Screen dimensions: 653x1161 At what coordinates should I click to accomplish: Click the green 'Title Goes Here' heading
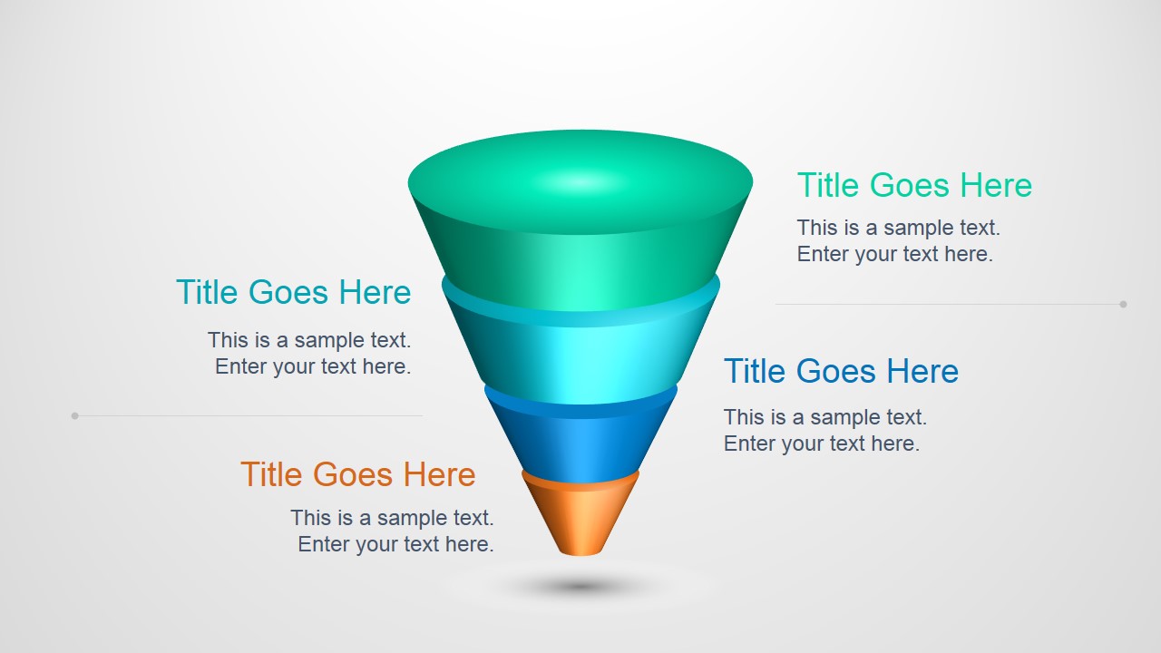coord(914,186)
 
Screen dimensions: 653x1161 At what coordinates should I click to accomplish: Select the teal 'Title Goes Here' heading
coord(293,293)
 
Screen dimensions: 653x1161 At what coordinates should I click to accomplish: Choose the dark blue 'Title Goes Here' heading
coord(841,372)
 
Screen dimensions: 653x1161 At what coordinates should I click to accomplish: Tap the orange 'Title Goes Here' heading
coord(357,475)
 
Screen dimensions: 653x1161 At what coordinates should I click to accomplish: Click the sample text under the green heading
coord(898,241)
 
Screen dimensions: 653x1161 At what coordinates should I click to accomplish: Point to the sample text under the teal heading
coord(309,354)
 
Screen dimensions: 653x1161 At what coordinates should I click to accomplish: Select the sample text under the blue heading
coord(824,431)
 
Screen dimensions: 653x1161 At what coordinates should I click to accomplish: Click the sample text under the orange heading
coord(392,531)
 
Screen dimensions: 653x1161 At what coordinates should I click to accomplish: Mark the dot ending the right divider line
coord(1123,305)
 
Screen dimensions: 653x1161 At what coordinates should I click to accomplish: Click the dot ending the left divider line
coord(75,416)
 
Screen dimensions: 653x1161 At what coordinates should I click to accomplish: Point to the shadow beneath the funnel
coord(580,587)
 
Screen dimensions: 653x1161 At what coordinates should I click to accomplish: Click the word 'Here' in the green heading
coord(996,186)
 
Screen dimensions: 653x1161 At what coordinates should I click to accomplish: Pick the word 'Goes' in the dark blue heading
coord(841,372)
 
